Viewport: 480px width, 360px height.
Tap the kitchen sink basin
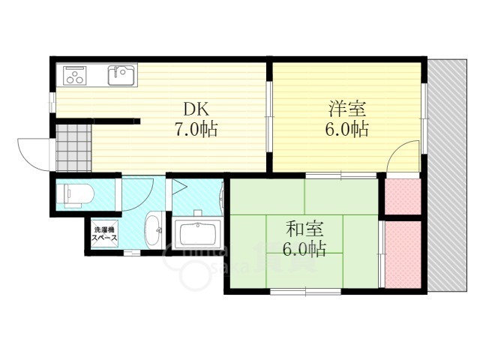[121, 75]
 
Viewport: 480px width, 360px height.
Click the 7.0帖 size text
[196, 129]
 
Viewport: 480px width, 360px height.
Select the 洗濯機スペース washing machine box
[103, 233]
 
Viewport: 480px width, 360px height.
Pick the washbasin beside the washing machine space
[154, 229]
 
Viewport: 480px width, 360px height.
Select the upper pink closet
[403, 195]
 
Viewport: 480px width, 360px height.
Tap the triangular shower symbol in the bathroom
[180, 187]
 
